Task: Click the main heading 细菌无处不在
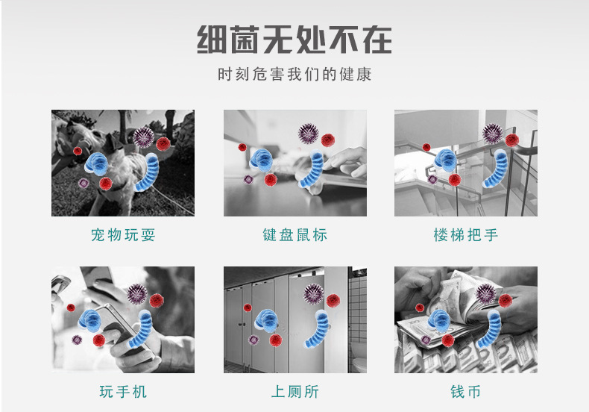(x=294, y=39)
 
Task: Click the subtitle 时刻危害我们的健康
(x=294, y=75)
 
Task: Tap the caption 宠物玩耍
(x=123, y=236)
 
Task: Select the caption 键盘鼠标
(x=294, y=236)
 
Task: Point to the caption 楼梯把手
(x=465, y=236)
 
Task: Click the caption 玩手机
(x=123, y=392)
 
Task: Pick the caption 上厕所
(x=294, y=392)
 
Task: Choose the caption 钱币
(x=465, y=392)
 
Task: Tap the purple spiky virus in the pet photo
(x=143, y=137)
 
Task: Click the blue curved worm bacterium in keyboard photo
(x=314, y=171)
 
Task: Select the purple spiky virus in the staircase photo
(x=492, y=134)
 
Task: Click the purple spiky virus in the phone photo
(x=136, y=294)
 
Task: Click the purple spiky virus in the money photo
(x=485, y=293)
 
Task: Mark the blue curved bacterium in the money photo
(x=491, y=328)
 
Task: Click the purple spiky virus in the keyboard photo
(x=308, y=134)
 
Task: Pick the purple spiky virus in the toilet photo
(x=314, y=293)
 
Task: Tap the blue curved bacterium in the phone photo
(x=142, y=329)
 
